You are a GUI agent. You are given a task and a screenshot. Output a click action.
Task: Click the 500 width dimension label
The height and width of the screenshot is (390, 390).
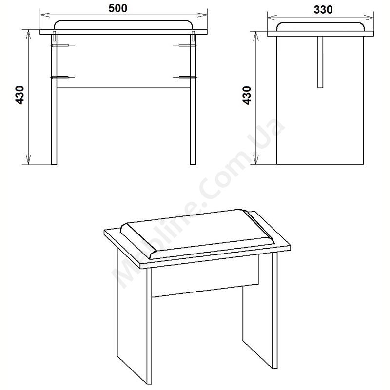[x=118, y=8]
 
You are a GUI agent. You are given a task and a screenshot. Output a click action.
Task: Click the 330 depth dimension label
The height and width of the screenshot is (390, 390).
[x=323, y=10]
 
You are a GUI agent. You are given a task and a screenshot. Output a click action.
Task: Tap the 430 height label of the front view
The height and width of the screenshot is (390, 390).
[x=19, y=95]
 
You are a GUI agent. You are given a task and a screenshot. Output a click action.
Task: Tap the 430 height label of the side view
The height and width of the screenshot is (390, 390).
[x=247, y=96]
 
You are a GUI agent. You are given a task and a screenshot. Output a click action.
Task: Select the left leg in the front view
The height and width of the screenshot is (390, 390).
[x=54, y=99]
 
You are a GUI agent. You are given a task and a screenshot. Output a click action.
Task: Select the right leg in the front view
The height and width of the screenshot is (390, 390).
[x=193, y=99]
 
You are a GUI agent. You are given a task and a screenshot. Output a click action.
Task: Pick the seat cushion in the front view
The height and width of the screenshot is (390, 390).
[x=124, y=25]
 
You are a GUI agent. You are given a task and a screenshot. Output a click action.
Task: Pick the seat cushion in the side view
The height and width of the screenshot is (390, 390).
[x=320, y=27]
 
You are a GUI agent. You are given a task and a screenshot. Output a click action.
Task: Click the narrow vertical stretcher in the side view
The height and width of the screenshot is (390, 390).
[x=320, y=62]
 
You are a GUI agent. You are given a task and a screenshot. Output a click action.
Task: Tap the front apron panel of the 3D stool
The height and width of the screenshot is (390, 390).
[x=205, y=276]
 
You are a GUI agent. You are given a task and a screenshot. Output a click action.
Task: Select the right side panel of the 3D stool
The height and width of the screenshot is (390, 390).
[x=260, y=311]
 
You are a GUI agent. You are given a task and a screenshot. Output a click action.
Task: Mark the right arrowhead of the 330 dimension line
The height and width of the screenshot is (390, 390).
[x=370, y=18]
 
